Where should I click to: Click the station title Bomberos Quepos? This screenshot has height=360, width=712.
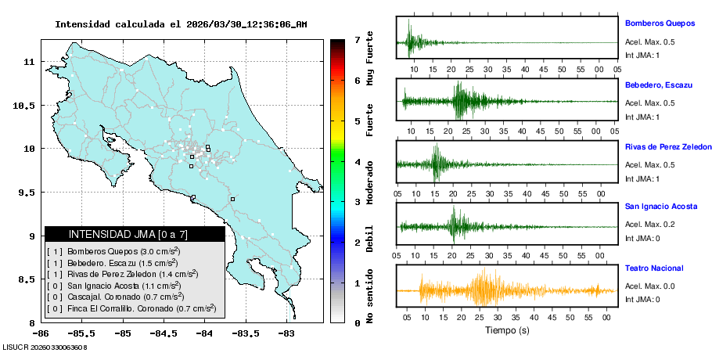660,23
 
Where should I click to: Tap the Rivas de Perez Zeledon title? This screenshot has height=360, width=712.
667,147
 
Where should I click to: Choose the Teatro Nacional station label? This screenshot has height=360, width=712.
653,268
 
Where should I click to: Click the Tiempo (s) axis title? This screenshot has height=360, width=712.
506,330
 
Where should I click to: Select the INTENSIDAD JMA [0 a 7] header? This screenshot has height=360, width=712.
135,234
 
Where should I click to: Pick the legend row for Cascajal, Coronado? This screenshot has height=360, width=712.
115,297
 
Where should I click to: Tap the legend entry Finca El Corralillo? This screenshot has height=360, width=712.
131,308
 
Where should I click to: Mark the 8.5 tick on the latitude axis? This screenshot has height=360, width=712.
23,279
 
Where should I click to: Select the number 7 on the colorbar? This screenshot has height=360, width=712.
356,39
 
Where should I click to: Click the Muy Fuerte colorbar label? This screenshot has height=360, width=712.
369,59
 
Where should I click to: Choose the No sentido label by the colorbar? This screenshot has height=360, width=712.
369,297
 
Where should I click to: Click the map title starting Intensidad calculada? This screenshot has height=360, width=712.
181,24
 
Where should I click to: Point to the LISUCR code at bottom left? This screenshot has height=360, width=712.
44,346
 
